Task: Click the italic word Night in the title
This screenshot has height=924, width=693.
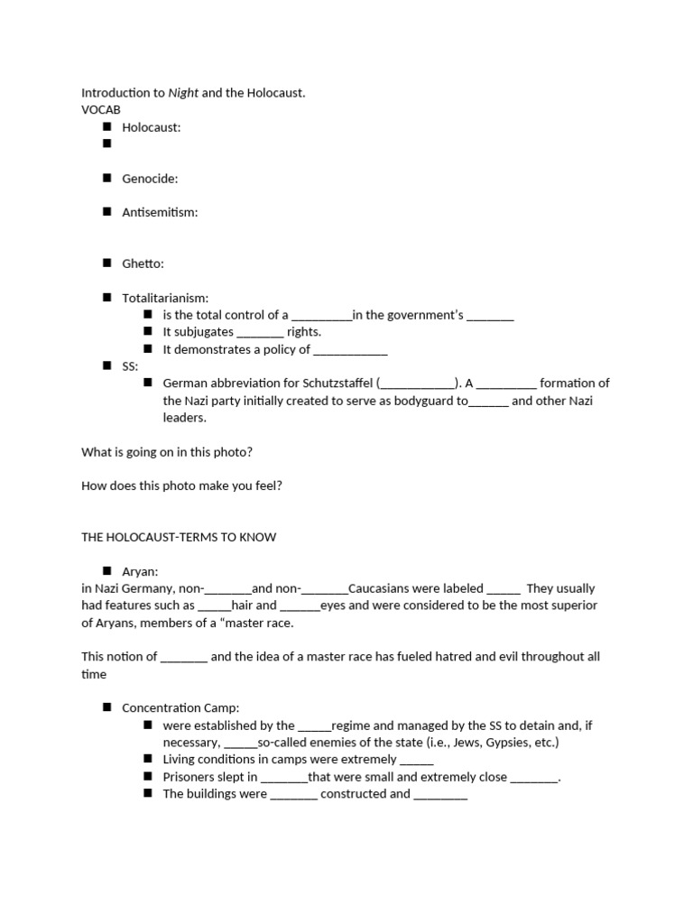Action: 183,93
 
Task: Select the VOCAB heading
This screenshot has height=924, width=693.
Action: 101,110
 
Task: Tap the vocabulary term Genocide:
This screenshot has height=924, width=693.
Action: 150,179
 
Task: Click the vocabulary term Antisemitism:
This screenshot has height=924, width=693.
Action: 160,212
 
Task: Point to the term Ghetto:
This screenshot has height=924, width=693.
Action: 143,263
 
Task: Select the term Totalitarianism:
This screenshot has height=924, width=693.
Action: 165,298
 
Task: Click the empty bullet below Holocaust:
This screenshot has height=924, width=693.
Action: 106,143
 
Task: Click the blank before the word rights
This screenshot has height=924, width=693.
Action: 260,332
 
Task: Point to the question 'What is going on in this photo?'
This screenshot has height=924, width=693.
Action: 173,451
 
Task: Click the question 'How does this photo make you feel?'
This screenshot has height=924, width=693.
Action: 181,485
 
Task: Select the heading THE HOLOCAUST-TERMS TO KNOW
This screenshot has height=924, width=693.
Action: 179,537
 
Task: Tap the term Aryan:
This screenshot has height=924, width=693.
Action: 141,571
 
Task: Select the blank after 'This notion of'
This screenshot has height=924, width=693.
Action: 184,657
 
